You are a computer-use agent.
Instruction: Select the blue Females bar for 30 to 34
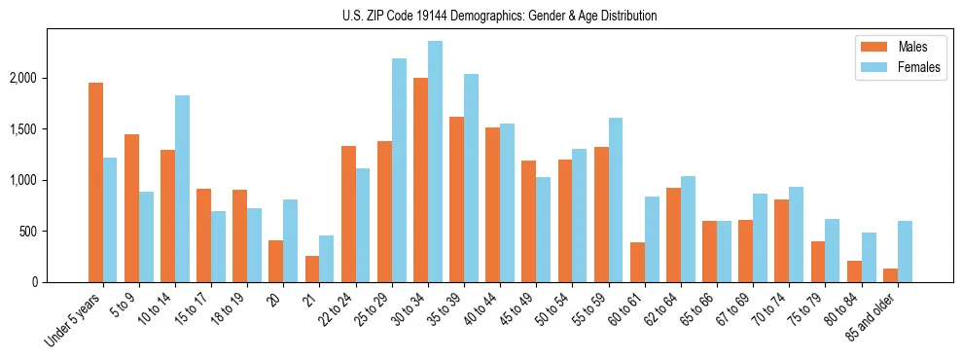[x=435, y=162]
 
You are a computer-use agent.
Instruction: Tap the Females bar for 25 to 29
[x=399, y=170]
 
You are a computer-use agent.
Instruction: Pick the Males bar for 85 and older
[x=890, y=275]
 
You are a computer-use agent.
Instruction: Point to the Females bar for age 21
[x=327, y=259]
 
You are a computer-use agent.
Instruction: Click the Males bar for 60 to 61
[x=637, y=262]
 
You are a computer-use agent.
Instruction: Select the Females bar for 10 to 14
[x=182, y=189]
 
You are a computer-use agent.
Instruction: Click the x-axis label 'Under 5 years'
[x=75, y=321]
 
